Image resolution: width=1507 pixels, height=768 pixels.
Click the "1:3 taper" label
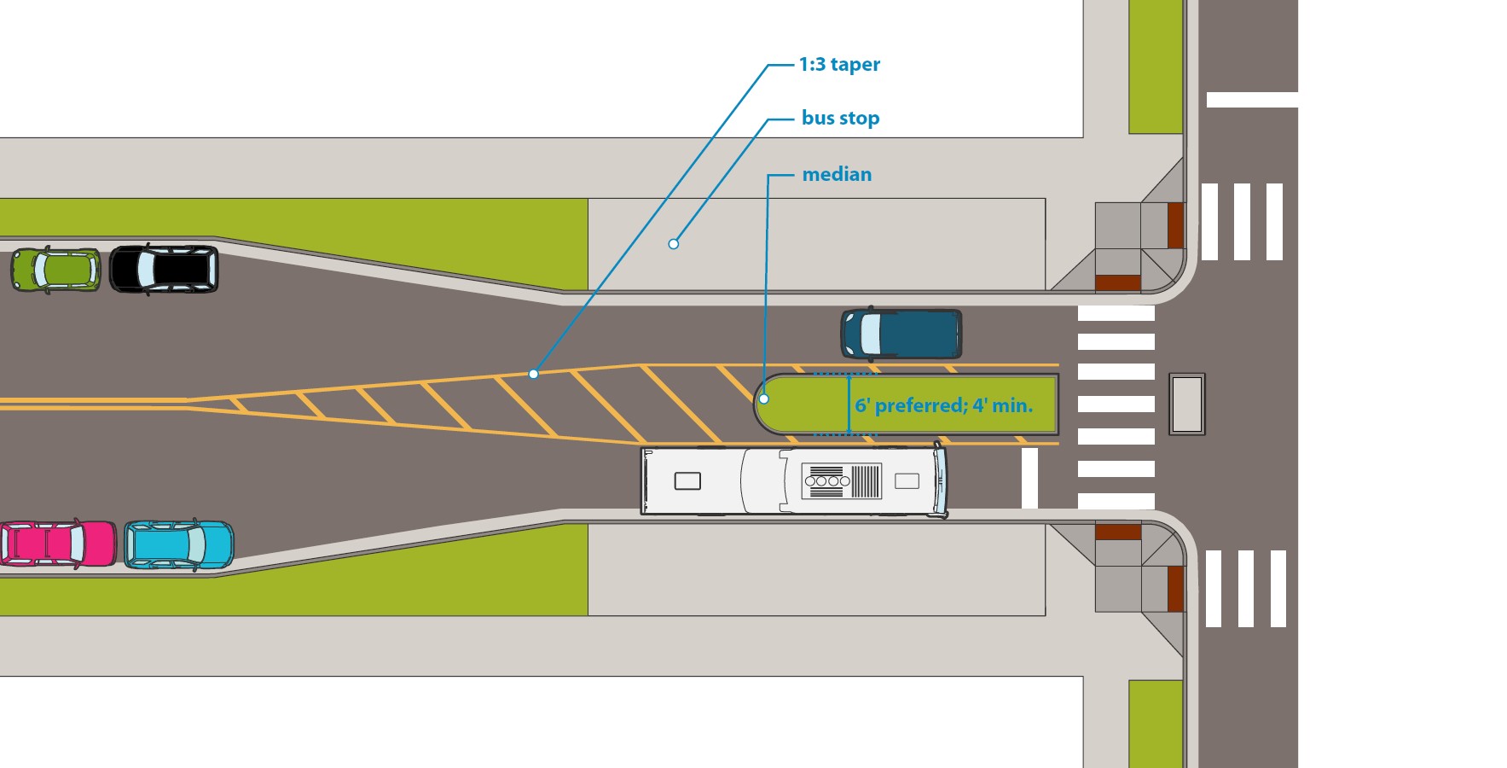[839, 65]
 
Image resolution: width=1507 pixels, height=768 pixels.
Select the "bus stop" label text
[840, 119]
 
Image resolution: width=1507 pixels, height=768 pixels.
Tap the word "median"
[837, 175]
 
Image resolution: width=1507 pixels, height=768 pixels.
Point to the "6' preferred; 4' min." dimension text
[943, 405]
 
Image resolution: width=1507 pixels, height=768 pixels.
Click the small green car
[55, 270]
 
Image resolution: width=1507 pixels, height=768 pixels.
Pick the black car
[164, 269]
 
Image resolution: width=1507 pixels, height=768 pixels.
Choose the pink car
[58, 544]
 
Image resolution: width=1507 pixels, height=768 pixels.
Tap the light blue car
[179, 544]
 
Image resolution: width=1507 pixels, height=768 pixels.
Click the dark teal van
[901, 334]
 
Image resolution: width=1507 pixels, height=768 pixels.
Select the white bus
[793, 481]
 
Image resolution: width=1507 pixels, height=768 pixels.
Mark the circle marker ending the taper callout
[533, 374]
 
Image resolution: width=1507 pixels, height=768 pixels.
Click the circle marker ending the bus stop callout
[673, 244]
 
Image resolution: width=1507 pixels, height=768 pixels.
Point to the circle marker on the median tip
[764, 399]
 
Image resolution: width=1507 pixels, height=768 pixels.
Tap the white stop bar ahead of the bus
[1029, 478]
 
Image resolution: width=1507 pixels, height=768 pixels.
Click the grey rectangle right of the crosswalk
[1186, 404]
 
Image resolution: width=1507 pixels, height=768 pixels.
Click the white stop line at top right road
[1251, 100]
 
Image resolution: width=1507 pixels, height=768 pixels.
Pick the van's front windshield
[871, 334]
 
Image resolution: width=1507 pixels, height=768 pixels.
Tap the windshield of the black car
[146, 269]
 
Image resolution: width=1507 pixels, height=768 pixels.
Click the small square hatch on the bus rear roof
[687, 481]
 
